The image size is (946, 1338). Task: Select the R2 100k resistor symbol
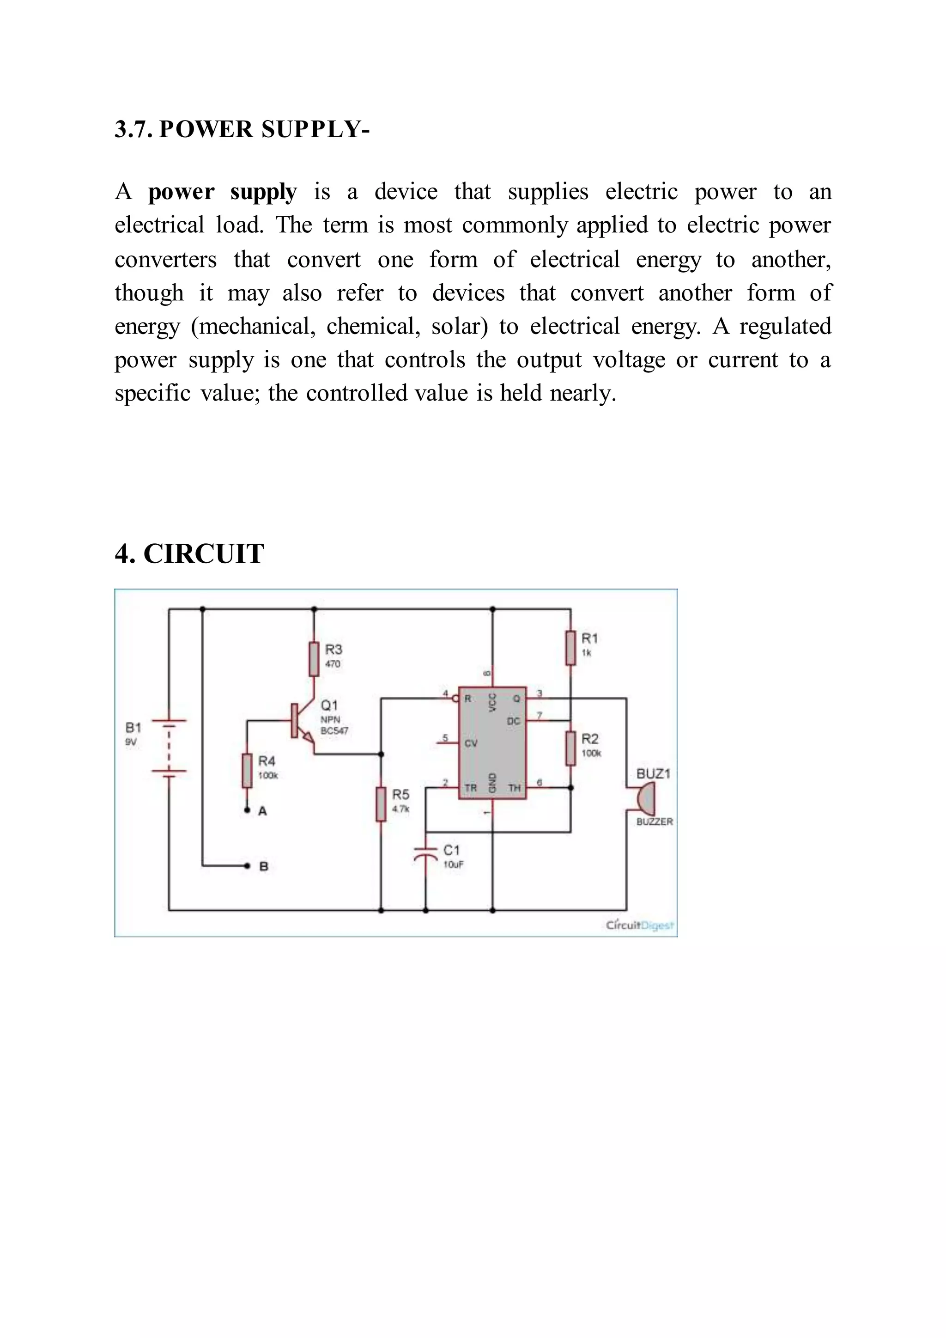tap(570, 748)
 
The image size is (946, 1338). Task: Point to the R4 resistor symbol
tap(247, 770)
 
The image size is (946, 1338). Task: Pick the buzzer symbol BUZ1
tap(645, 799)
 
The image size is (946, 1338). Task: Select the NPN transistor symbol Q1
tap(302, 723)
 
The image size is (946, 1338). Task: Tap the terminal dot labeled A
tap(247, 810)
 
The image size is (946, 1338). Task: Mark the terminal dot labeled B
tap(247, 865)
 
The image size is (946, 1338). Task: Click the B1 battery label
tap(133, 728)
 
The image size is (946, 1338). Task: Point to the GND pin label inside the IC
tap(491, 783)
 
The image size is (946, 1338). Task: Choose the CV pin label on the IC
tap(471, 743)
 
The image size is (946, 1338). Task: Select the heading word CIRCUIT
tap(203, 553)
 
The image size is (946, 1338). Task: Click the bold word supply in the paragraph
tap(263, 192)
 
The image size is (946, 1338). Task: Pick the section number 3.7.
tap(133, 129)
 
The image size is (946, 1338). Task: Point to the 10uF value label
tap(453, 864)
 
